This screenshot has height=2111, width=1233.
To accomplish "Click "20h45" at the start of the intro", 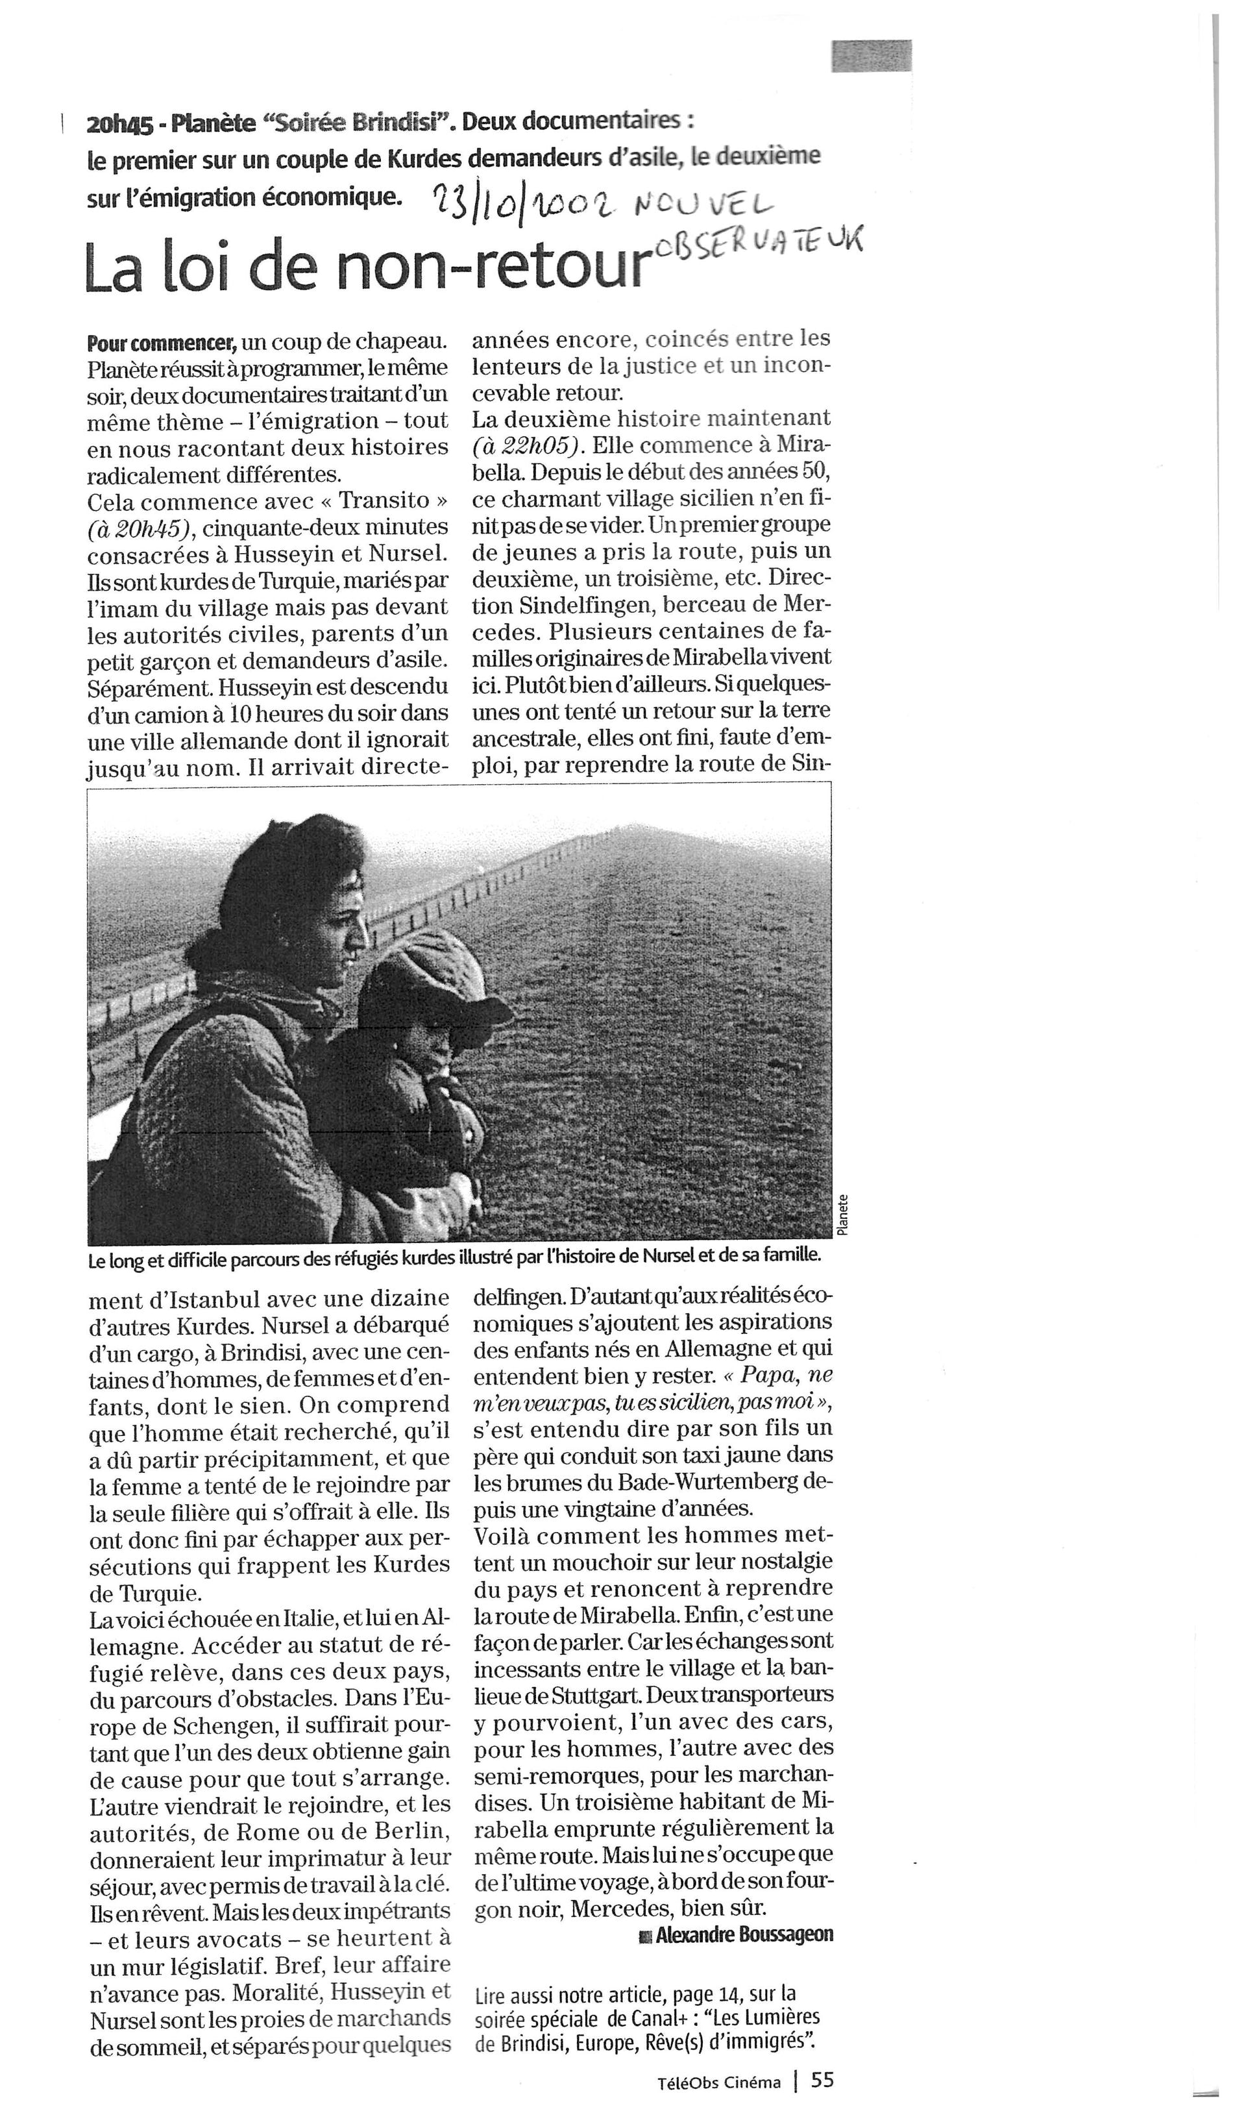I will [119, 125].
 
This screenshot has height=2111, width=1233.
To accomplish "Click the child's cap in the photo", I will [435, 978].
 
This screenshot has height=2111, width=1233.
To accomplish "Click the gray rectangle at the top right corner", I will [871, 56].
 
